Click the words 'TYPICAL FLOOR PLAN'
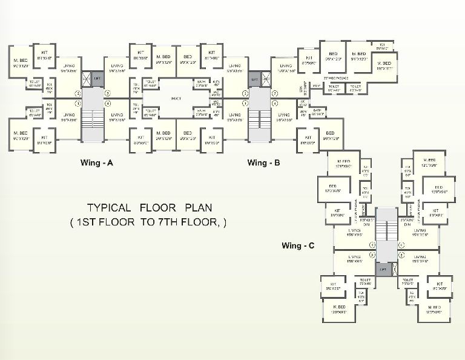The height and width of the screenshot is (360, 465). (149, 207)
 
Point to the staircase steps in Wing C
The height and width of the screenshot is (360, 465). (383, 227)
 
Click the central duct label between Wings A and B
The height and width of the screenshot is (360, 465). (177, 98)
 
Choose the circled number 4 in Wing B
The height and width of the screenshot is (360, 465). (274, 103)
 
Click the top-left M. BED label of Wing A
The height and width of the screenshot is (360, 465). (20, 62)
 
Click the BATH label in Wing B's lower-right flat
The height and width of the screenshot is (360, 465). (317, 110)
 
